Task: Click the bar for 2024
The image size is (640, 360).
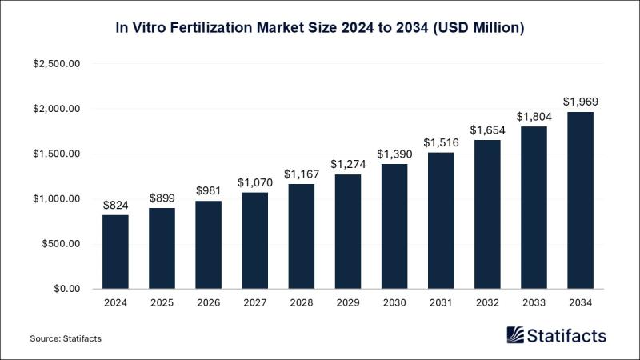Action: pyautogui.click(x=115, y=251)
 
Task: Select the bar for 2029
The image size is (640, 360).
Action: pyautogui.click(x=348, y=231)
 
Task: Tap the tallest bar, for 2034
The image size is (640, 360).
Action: pyautogui.click(x=581, y=200)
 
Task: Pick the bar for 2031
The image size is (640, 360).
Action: pyautogui.click(x=441, y=220)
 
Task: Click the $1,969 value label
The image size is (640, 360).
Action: pyautogui.click(x=581, y=102)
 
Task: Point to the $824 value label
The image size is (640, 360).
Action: pyautogui.click(x=115, y=205)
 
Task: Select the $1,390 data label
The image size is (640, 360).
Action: pyautogui.click(x=394, y=154)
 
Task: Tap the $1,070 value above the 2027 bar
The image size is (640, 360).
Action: pyautogui.click(x=254, y=182)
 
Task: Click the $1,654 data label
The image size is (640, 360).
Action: pyautogui.click(x=487, y=130)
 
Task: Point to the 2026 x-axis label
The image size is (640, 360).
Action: pyautogui.click(x=208, y=303)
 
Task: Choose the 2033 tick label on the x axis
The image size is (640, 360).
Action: pyautogui.click(x=534, y=303)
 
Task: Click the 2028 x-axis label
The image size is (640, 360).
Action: pyautogui.click(x=302, y=303)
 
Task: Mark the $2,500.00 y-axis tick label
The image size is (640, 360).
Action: pyautogui.click(x=57, y=64)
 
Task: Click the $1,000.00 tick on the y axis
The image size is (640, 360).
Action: pyautogui.click(x=57, y=198)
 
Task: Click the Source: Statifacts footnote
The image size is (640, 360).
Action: pyautogui.click(x=66, y=339)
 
